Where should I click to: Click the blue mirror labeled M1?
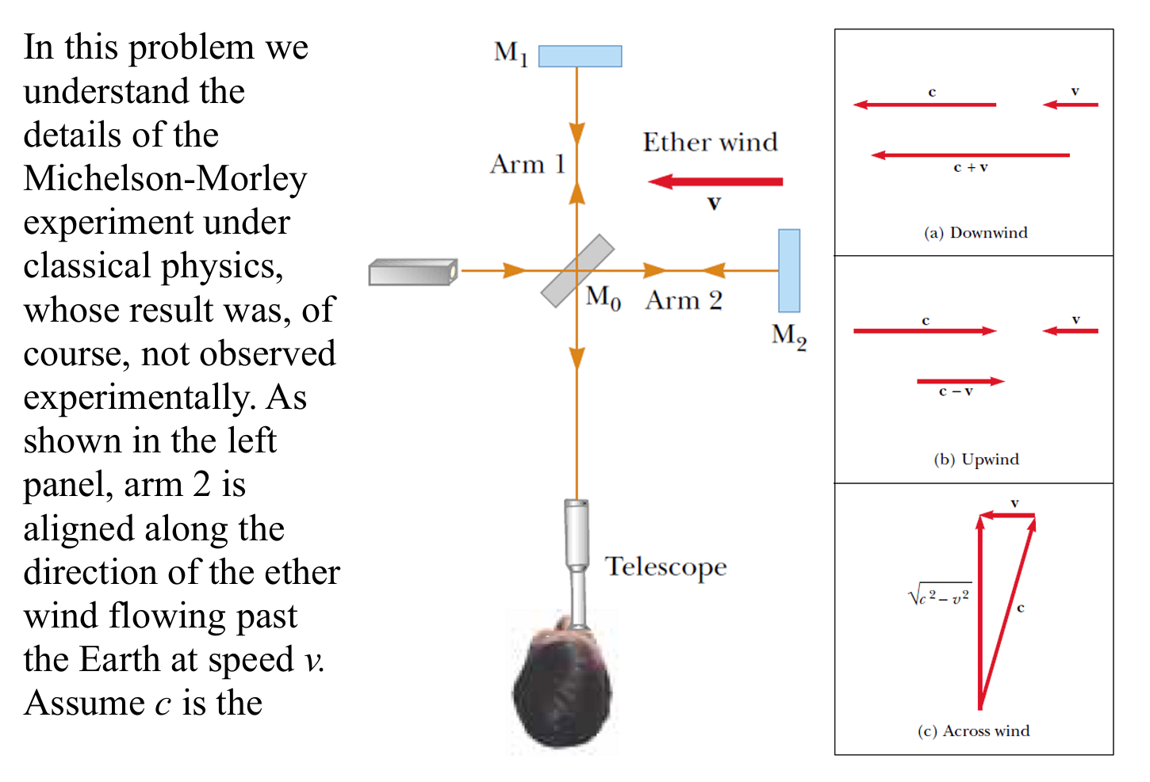[580, 56]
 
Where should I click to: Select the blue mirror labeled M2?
[788, 271]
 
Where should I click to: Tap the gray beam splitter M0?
[577, 270]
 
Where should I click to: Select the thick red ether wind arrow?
[715, 181]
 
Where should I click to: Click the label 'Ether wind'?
[710, 143]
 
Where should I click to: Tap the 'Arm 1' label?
[527, 165]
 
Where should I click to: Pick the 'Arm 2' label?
[684, 301]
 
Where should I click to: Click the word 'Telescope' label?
[665, 567]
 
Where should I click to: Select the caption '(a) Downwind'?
[976, 233]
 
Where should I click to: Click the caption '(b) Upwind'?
[976, 460]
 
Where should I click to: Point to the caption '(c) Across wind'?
[973, 731]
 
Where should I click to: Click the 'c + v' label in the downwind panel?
[970, 168]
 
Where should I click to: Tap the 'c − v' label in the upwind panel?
[955, 392]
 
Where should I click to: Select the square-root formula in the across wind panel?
[940, 596]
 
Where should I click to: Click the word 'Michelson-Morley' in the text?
[165, 179]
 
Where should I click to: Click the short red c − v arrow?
[960, 381]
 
